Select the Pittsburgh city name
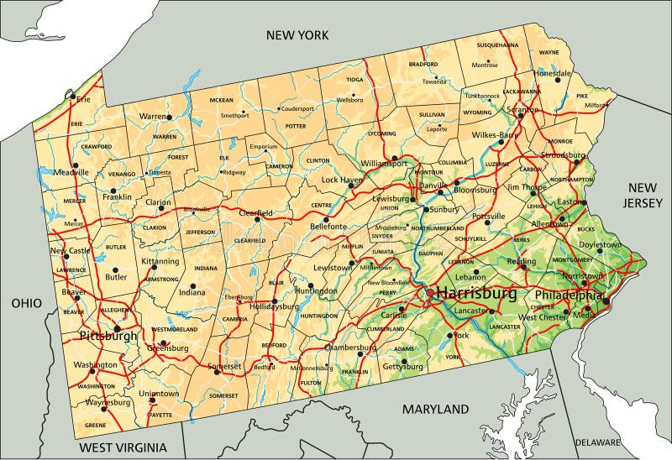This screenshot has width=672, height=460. (108, 336)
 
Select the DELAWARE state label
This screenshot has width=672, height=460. (597, 442)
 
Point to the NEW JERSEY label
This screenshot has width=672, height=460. (643, 195)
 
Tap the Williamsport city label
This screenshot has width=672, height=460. (384, 163)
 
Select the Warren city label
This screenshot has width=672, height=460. (153, 116)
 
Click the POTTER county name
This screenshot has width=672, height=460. (296, 126)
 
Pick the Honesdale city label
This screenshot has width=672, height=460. (552, 73)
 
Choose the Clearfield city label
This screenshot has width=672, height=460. (254, 214)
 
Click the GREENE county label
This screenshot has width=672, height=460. (95, 425)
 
